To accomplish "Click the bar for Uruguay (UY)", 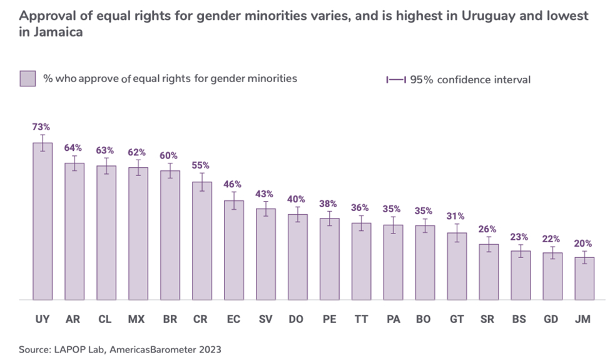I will (42, 222).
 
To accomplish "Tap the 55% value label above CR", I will (201, 165).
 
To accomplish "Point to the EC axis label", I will (233, 319).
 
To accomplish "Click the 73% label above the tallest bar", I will (42, 127).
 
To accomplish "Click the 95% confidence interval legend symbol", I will (396, 80).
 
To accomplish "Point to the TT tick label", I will (361, 319).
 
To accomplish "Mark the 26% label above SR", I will (489, 229).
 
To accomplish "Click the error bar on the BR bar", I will (170, 171).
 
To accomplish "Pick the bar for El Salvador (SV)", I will (265, 254).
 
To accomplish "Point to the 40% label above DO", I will (297, 199).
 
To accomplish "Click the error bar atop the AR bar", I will (74, 163).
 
